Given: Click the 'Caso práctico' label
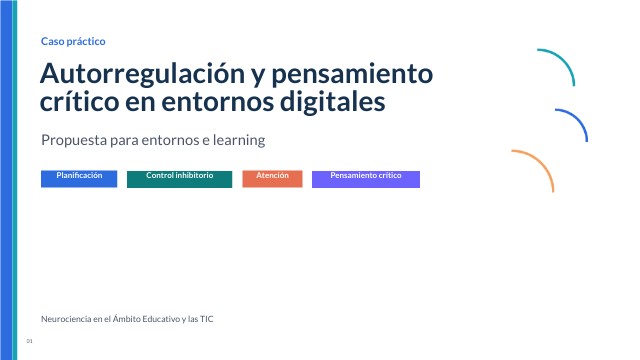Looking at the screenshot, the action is click(x=73, y=41).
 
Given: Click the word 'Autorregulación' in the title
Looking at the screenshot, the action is click(x=142, y=73).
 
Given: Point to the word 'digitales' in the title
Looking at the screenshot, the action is click(x=332, y=102).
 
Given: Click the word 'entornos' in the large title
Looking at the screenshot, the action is click(x=218, y=102).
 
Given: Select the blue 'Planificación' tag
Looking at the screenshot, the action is click(x=79, y=179).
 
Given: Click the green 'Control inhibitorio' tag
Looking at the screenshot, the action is click(x=180, y=179).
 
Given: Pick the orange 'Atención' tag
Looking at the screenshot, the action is click(x=272, y=179).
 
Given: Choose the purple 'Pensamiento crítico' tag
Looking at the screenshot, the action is click(x=366, y=179).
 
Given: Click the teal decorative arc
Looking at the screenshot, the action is click(x=565, y=60).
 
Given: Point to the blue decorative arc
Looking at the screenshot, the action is click(x=579, y=119).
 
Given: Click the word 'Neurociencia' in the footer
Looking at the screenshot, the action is click(x=66, y=319).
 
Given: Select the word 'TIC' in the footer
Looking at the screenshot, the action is click(x=207, y=319).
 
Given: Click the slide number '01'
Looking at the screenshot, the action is click(x=29, y=341).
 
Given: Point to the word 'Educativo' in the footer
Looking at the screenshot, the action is click(x=161, y=319).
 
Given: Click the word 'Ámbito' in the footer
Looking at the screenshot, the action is click(x=126, y=318).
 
